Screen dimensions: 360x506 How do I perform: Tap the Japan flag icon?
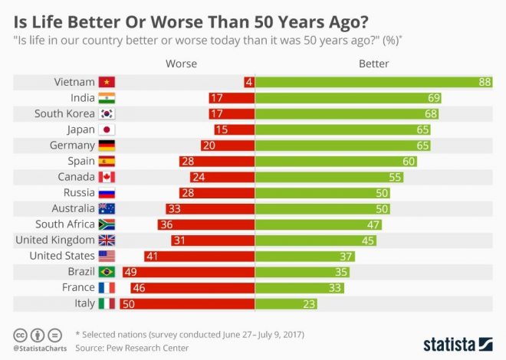tap(107, 129)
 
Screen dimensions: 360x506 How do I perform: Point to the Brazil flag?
tap(107, 272)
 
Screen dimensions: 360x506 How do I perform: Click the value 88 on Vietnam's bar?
tap(485, 82)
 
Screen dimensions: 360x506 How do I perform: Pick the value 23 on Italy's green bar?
tap(310, 304)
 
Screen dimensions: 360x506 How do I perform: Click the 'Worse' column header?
tap(181, 64)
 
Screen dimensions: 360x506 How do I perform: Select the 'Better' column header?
tap(374, 64)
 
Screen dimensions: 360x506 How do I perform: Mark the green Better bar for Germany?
tap(345, 146)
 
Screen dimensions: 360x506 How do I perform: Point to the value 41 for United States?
tap(153, 257)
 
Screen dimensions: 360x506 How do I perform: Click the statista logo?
tap(458, 343)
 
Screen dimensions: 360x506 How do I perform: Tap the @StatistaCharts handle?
tap(38, 349)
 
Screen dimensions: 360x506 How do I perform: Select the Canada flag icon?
tap(107, 177)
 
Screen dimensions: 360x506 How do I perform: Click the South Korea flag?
tap(107, 114)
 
